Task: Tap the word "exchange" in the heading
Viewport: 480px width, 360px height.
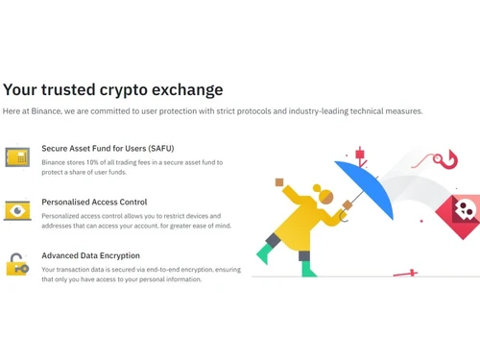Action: (186, 90)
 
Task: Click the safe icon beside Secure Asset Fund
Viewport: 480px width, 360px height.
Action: (16, 156)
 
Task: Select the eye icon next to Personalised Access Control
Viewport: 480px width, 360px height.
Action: (16, 210)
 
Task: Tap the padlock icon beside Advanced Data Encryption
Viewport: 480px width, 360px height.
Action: (16, 264)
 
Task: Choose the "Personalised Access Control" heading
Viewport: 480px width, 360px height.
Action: (94, 203)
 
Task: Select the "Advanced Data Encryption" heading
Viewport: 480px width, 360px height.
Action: (90, 256)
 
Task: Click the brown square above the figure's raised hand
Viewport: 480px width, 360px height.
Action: (279, 180)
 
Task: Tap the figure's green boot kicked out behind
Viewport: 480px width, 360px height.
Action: (265, 253)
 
